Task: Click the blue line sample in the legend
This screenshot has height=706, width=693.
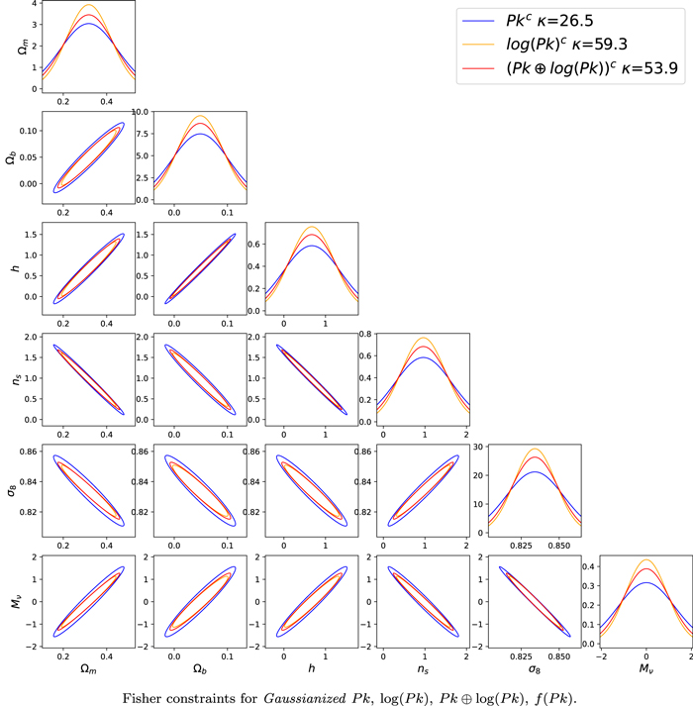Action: point(478,21)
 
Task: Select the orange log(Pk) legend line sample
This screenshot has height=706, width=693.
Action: point(478,45)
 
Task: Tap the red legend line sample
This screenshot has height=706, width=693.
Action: point(478,68)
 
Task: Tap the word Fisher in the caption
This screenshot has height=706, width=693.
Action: point(142,698)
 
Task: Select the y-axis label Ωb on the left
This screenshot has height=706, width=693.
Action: point(11,158)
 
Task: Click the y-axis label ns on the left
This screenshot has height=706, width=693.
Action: point(16,379)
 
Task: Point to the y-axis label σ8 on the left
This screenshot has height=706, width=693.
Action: point(11,490)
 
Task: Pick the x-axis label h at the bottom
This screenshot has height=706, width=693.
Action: point(311,668)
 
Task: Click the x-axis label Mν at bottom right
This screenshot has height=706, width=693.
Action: point(645,669)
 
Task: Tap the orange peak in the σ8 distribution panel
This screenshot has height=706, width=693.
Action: point(535,449)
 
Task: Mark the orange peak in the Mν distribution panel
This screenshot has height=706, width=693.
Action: point(646,560)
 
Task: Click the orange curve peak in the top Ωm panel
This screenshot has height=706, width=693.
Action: point(89,5)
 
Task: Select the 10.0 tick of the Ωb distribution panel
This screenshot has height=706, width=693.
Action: point(140,112)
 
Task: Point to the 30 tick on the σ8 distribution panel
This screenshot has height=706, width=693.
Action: point(478,447)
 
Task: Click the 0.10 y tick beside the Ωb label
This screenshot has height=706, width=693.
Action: point(28,131)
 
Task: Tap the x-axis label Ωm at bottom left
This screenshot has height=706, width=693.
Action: point(88,669)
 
